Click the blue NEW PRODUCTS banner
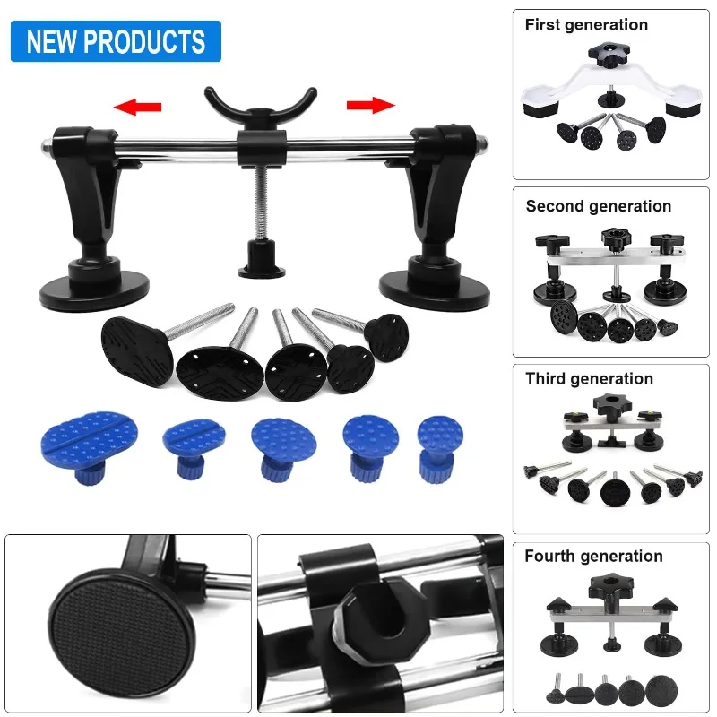(116, 41)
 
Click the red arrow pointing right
(370, 105)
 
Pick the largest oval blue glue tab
(89, 438)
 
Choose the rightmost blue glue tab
(441, 437)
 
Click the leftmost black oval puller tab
(136, 348)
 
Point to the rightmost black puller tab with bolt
(386, 337)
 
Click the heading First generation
(586, 25)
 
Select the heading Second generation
(598, 206)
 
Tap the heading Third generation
(589, 379)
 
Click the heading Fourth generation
(593, 557)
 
